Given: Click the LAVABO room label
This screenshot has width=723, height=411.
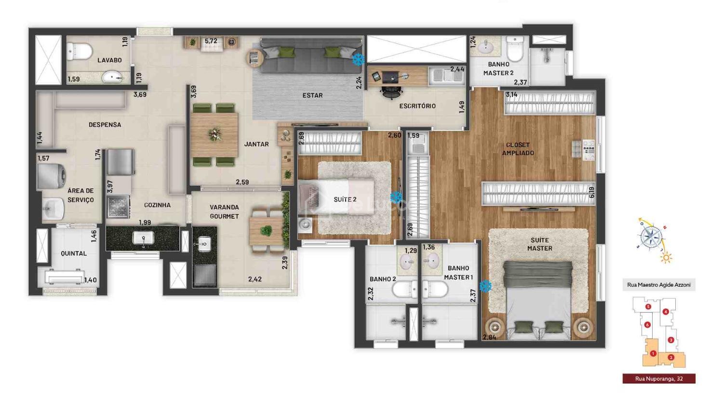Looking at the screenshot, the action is (109, 60).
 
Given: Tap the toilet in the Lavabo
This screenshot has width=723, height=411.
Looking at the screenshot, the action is (79, 51).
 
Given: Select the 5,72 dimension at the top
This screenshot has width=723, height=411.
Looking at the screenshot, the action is (211, 41).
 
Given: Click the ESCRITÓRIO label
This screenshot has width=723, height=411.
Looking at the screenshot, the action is (417, 106).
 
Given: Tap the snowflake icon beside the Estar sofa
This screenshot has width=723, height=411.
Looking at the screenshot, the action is (358, 59).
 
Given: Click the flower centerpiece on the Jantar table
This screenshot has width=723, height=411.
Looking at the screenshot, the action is (214, 134).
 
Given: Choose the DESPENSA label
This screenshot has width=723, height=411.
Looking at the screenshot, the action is (105, 125).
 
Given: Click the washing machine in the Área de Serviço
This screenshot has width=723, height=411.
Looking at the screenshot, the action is (52, 176).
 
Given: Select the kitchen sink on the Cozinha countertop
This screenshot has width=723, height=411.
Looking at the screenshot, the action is (143, 239).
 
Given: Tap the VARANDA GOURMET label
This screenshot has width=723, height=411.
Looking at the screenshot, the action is (224, 212).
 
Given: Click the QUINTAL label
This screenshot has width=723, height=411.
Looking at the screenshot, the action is (74, 253).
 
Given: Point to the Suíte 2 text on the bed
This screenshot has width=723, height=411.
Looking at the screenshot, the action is (345, 199).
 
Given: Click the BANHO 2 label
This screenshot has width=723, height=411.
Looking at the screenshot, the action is (383, 279).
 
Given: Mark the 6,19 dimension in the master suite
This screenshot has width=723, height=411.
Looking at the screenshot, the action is (591, 193).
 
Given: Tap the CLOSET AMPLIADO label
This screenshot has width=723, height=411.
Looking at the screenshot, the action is (518, 149).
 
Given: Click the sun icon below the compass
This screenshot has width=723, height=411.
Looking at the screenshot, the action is (666, 258).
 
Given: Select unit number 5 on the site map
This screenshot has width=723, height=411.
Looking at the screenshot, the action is (648, 307).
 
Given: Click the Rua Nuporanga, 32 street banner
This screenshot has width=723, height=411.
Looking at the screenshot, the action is (659, 379).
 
